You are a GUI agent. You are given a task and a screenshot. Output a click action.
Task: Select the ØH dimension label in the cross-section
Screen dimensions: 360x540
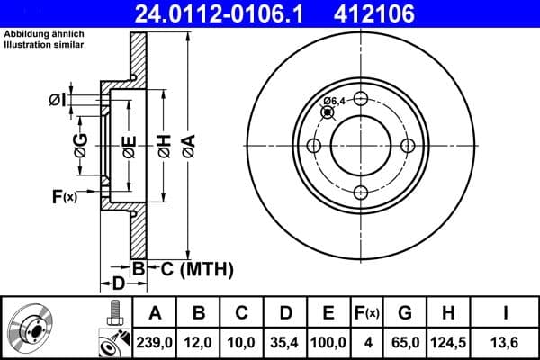(x=164, y=147)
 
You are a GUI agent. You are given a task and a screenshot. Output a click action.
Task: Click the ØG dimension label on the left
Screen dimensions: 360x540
(x=81, y=146)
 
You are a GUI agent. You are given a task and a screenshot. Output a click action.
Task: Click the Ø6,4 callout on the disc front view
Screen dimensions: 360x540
(x=336, y=101)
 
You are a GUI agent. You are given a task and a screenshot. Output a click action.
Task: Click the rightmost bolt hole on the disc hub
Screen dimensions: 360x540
(x=407, y=146)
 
